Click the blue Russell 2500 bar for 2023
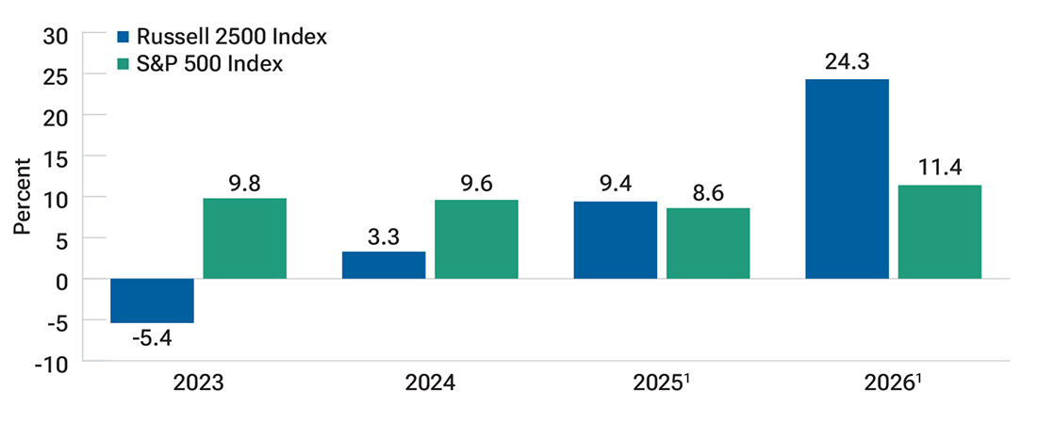(x=152, y=301)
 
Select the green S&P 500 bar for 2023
(x=244, y=238)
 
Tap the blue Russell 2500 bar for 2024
(x=384, y=265)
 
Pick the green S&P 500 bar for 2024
(x=476, y=239)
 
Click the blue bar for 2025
(x=615, y=240)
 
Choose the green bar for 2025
(x=707, y=243)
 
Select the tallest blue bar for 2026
(x=847, y=179)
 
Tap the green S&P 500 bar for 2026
(x=939, y=232)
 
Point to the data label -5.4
(x=152, y=338)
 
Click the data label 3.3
(x=384, y=236)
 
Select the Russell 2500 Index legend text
(x=231, y=38)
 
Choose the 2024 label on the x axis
(x=430, y=384)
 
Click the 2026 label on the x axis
(x=890, y=384)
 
